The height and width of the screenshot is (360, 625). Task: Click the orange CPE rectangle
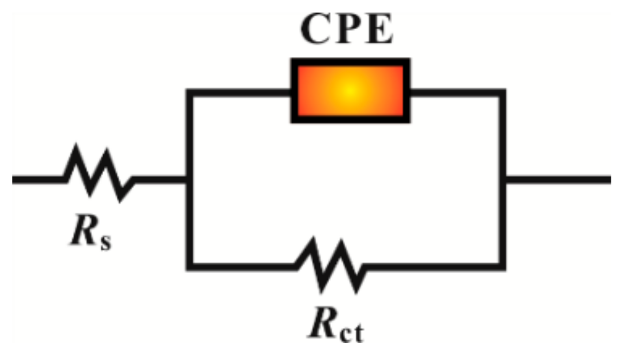[x=350, y=91]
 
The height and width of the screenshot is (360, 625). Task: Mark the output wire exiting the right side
[x=558, y=179]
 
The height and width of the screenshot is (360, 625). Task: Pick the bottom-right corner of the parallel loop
[x=502, y=266]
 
